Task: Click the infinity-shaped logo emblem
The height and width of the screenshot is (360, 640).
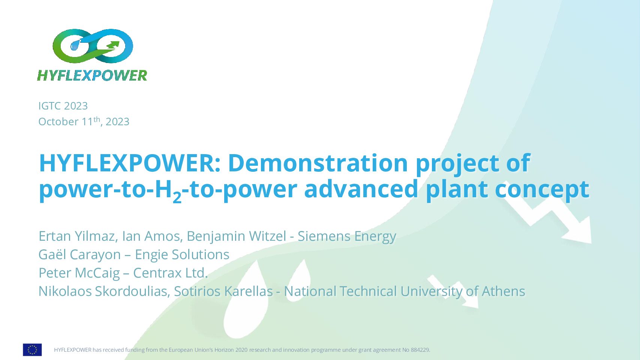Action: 93,46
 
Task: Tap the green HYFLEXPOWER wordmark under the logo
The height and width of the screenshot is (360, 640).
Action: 92,75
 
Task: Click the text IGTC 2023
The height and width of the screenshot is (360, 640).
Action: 63,106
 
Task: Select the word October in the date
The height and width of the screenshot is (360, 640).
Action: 58,122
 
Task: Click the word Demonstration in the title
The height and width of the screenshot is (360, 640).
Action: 318,163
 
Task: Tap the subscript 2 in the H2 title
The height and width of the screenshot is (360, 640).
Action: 177,197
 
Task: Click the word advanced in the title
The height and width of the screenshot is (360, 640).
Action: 361,189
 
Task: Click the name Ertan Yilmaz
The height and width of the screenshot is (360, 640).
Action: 76,236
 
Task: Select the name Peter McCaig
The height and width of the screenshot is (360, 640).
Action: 79,273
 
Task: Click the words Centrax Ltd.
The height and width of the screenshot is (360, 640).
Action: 170,273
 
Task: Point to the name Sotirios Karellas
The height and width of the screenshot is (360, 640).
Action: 223,291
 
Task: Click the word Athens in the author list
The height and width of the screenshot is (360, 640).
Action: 504,291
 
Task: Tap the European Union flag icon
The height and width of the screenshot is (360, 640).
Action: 32,350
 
